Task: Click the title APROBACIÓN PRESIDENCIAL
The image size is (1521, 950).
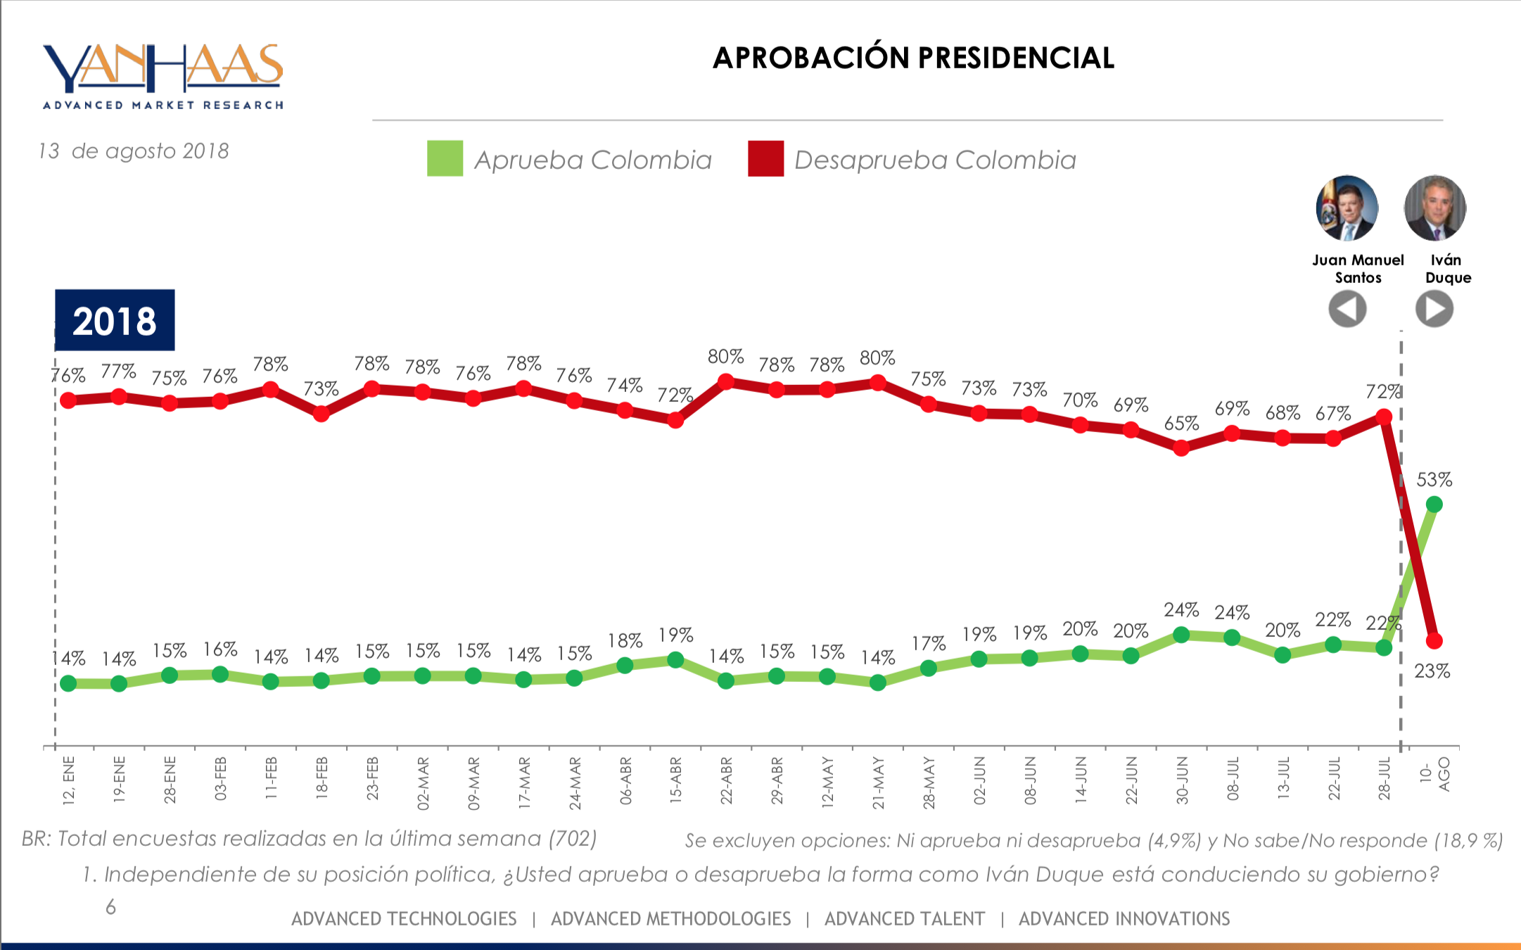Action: [913, 58]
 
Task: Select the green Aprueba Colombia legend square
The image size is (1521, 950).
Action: [445, 158]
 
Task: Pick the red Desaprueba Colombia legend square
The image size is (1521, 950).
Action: [765, 158]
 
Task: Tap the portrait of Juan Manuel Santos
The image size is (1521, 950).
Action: [1347, 208]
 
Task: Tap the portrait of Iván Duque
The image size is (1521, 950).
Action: [1434, 208]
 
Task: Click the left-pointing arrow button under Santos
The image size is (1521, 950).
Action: [1347, 309]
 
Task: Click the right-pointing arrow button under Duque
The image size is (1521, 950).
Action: [1434, 309]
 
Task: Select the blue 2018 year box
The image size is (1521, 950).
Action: [115, 320]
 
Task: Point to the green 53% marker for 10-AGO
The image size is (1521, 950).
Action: [1434, 505]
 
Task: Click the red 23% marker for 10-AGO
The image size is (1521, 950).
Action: [1434, 641]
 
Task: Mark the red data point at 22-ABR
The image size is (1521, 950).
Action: [726, 382]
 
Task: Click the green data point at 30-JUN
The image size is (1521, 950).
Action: [1181, 635]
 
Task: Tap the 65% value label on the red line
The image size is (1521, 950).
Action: [1181, 424]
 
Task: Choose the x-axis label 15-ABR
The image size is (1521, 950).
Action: [675, 780]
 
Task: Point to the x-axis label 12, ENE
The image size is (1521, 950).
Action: [68, 780]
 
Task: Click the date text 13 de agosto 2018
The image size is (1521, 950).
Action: [134, 151]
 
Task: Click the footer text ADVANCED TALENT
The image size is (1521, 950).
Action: [904, 919]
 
